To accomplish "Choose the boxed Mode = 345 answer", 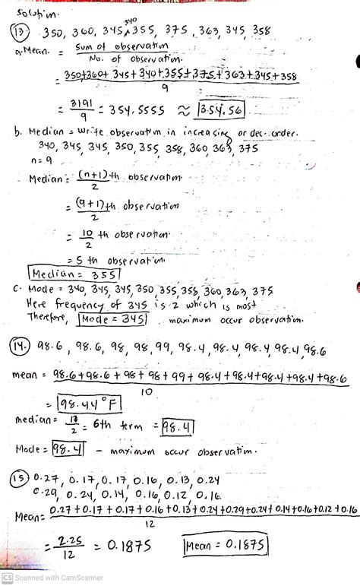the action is pos(108,317).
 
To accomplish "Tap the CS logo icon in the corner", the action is pos(7,577).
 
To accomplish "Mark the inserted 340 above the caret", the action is pos(130,22).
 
